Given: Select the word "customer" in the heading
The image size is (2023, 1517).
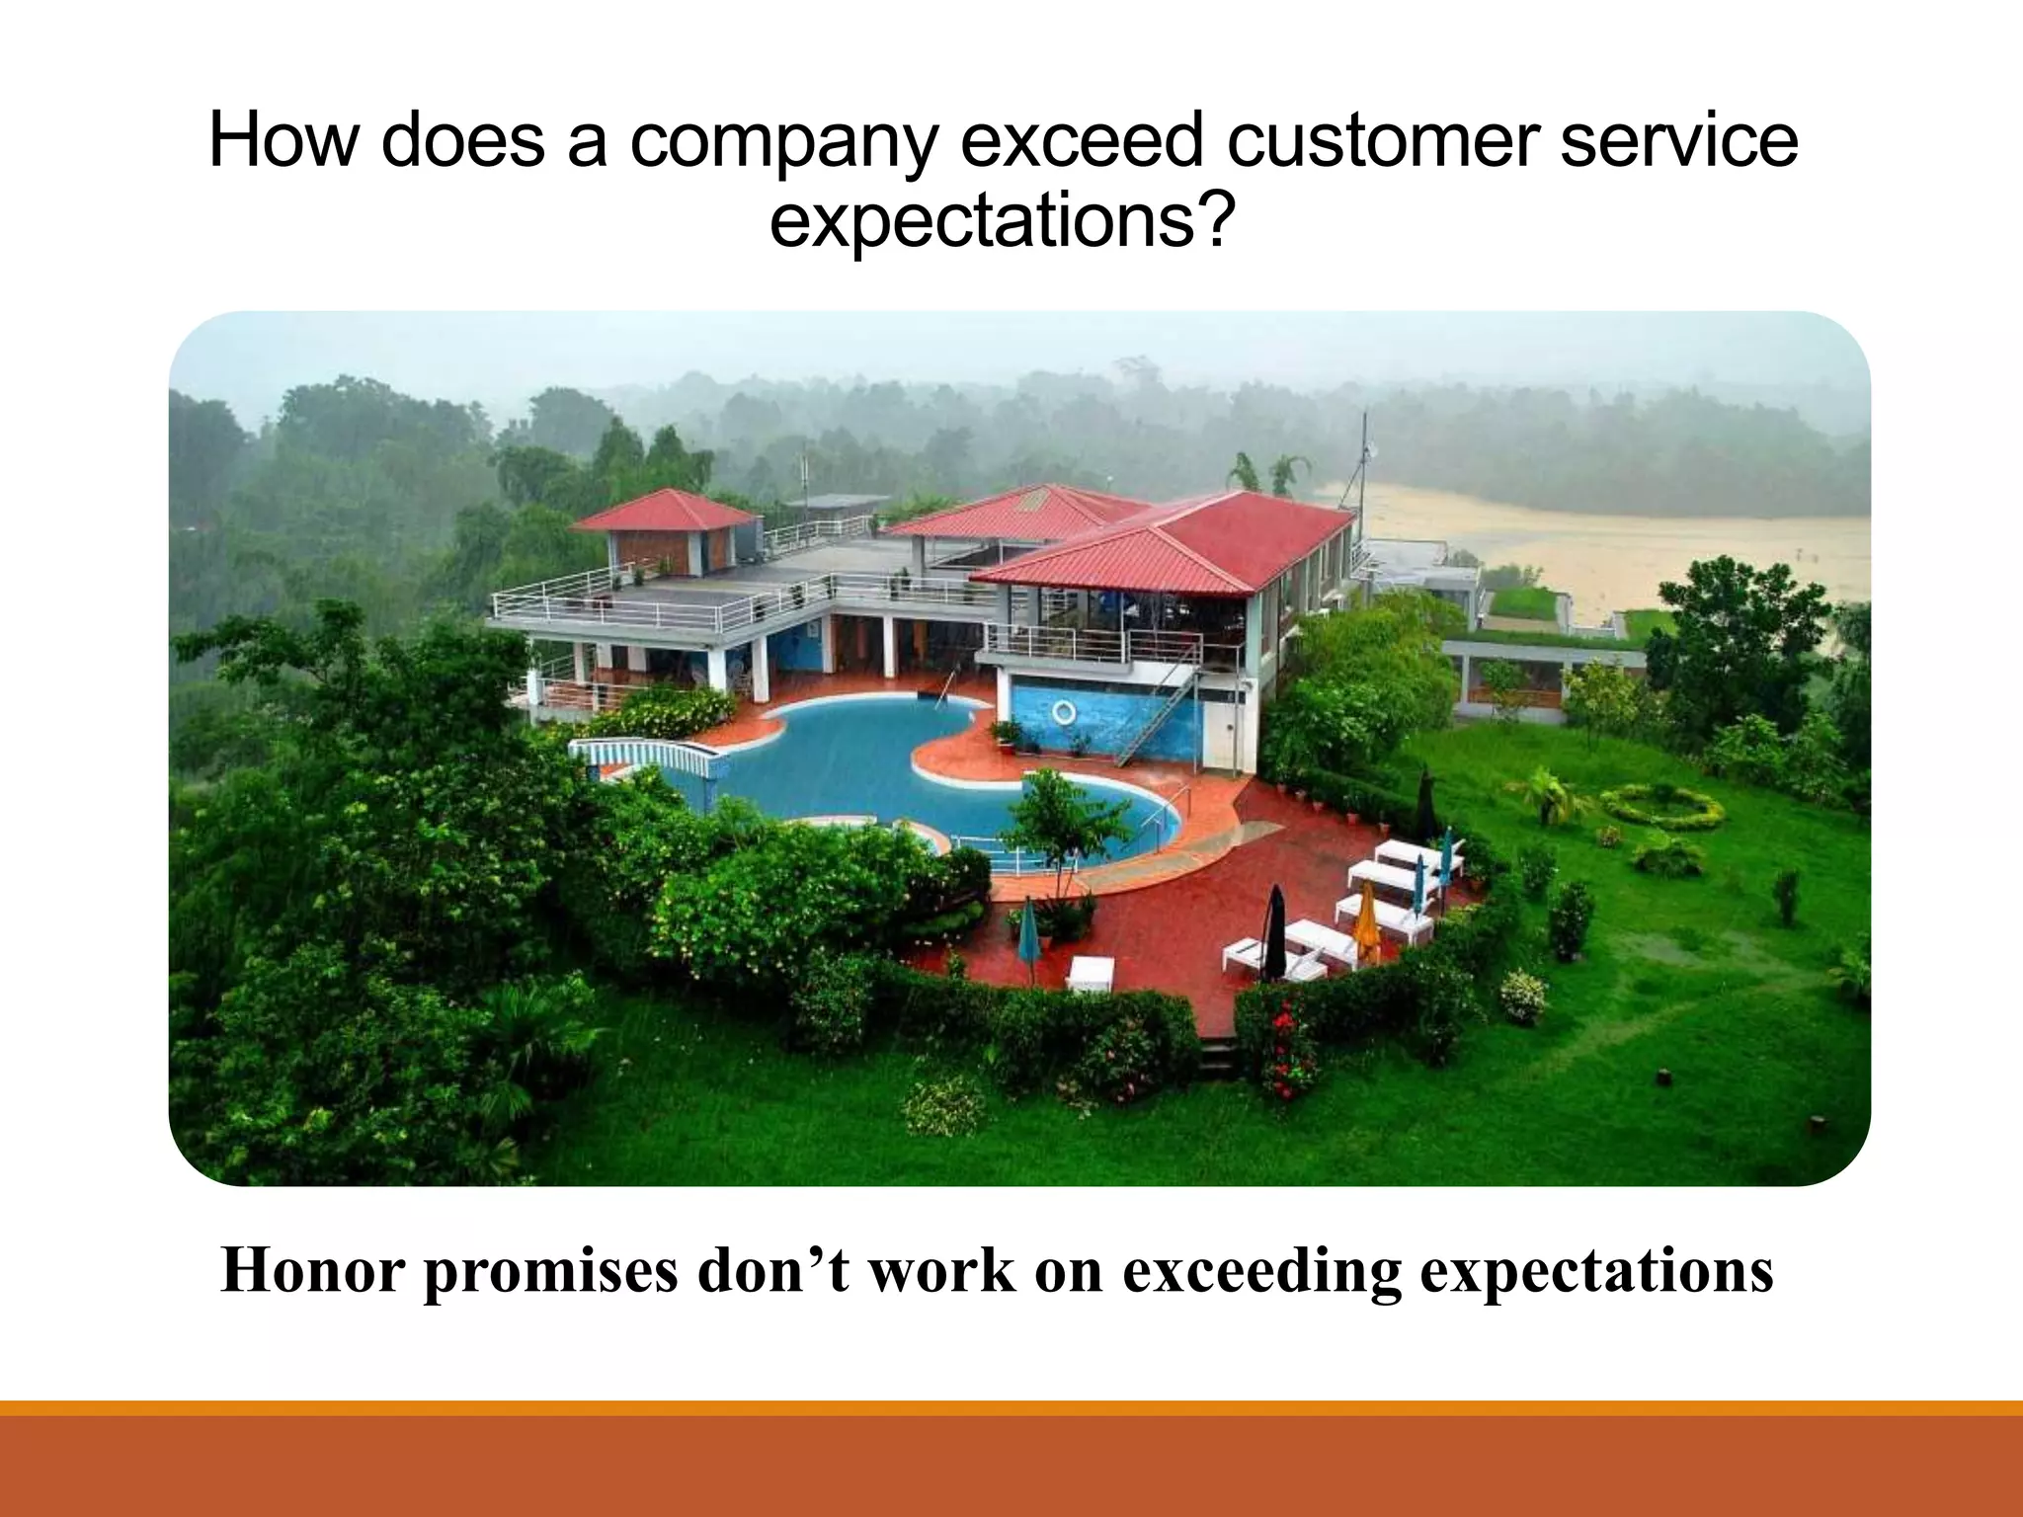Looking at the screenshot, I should (x=1381, y=140).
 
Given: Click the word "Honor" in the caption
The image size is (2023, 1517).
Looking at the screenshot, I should (x=313, y=1270).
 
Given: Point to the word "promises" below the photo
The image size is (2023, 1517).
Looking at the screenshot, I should (x=551, y=1272).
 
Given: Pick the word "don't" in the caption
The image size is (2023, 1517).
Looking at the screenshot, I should (x=772, y=1270).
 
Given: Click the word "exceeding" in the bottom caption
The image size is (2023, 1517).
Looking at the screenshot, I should (x=1261, y=1272).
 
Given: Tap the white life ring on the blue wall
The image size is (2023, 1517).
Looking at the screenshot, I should (x=1063, y=712).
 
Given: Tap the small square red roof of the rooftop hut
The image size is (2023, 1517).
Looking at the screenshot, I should (x=666, y=511).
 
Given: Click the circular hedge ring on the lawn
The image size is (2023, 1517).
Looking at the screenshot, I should (x=1662, y=807).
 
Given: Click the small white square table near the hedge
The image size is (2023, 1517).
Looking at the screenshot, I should (x=1091, y=972).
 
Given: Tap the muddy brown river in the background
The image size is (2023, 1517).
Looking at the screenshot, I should (x=1620, y=553).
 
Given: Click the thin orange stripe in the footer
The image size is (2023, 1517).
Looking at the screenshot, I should (x=1011, y=1407).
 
